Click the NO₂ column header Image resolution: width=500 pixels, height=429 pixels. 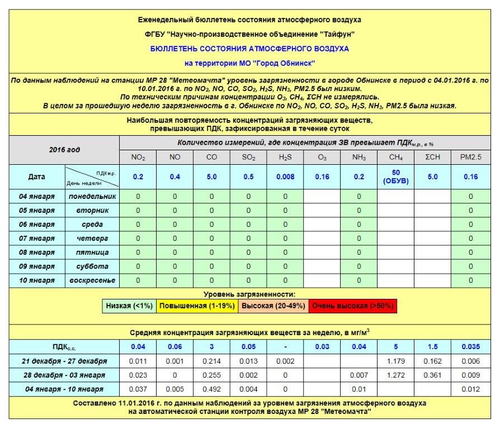(138, 158)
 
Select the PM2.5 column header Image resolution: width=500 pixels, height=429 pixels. (470, 158)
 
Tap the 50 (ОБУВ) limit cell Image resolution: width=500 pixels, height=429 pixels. (396, 177)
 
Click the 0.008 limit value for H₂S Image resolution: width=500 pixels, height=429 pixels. (285, 177)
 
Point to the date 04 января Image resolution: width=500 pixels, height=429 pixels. (37, 196)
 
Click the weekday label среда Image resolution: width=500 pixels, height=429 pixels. (92, 224)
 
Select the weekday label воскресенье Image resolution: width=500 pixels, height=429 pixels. (92, 280)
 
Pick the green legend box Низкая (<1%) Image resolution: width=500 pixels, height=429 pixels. (129, 306)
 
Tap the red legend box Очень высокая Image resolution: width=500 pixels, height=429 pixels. (353, 306)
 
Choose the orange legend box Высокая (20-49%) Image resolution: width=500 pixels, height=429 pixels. (272, 306)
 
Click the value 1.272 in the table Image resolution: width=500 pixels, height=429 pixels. (396, 375)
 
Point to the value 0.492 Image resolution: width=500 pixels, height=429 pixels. (211, 389)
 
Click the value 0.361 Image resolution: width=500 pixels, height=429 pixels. (433, 375)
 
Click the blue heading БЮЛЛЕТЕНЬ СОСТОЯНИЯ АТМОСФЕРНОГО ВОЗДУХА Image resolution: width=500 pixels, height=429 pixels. (249, 49)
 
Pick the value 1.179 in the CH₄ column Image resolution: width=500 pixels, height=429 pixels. (396, 361)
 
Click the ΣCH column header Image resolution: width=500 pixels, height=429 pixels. (433, 158)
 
